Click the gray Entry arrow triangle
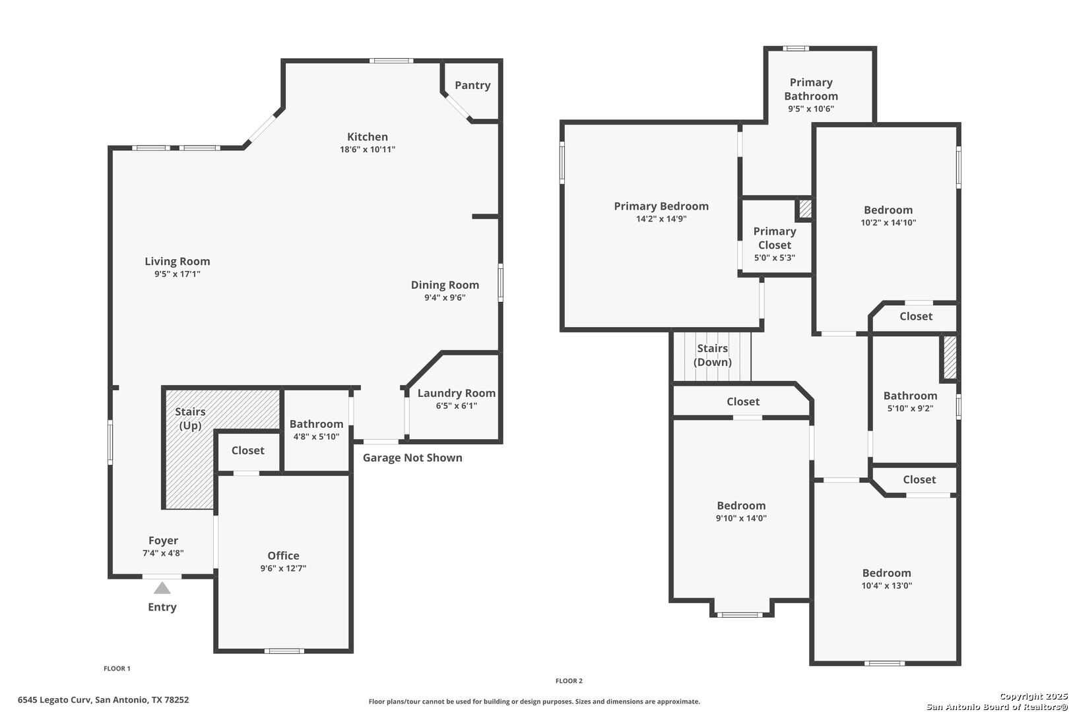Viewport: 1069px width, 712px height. pos(162,588)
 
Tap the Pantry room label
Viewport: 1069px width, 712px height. pos(472,85)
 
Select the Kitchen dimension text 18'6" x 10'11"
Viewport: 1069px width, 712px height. pos(368,149)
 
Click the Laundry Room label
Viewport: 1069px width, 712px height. pos(456,393)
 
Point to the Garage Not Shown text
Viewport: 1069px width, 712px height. pos(412,458)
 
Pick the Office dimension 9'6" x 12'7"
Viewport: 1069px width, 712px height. pos(284,568)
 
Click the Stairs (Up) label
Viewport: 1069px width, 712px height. pos(190,418)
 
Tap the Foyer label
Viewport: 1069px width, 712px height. pos(163,541)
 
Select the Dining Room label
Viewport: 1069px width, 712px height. pos(445,285)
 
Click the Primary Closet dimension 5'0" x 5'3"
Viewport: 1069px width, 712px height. pos(775,258)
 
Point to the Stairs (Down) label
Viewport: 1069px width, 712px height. pos(713,355)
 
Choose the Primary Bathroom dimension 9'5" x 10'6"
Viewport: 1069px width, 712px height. pos(811,109)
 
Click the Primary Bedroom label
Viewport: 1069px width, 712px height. pos(661,206)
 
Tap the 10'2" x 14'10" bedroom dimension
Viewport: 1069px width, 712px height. pos(888,222)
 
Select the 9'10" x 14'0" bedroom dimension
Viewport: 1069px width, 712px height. pos(741,518)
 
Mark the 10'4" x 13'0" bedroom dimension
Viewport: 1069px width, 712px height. pos(887,585)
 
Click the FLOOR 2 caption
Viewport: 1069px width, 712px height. pos(569,681)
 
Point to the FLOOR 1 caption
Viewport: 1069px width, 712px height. pos(117,668)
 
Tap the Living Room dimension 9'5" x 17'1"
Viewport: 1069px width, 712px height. pos(177,274)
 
